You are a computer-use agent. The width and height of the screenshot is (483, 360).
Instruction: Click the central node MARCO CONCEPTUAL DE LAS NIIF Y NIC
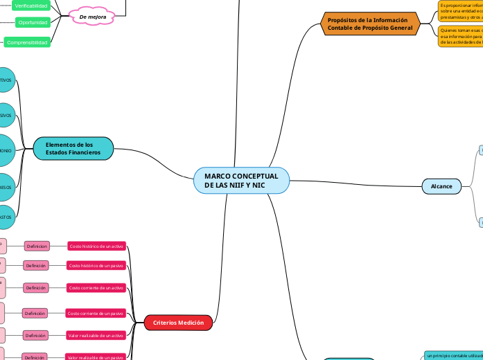pyautogui.click(x=241, y=181)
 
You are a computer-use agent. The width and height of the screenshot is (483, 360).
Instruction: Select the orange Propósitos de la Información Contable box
pyautogui.click(x=370, y=25)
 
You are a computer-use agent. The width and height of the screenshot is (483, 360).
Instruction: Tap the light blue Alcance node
pyautogui.click(x=441, y=186)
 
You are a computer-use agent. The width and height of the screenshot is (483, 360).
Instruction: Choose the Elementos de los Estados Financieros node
pyautogui.click(x=73, y=148)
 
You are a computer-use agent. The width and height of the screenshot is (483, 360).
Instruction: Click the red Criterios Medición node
pyautogui.click(x=178, y=323)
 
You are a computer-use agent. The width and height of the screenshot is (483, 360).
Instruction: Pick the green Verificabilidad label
pyautogui.click(x=31, y=6)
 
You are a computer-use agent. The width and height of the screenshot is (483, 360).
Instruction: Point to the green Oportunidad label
pyautogui.click(x=33, y=22)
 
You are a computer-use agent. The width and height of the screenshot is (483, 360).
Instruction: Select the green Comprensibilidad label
pyautogui.click(x=28, y=42)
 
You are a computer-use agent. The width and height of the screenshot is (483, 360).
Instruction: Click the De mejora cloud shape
pyautogui.click(x=92, y=16)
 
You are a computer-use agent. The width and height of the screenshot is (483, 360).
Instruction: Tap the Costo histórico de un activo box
pyautogui.click(x=96, y=246)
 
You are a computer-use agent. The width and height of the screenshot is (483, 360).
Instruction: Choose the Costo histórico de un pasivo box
pyautogui.click(x=96, y=266)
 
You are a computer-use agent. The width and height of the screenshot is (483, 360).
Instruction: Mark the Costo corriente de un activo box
pyautogui.click(x=96, y=287)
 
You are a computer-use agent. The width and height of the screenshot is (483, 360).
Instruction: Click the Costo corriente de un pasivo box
pyautogui.click(x=96, y=314)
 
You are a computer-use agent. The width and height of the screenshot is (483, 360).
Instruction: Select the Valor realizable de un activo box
pyautogui.click(x=96, y=335)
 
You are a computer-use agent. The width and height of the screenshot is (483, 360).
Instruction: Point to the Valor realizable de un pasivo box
pyautogui.click(x=96, y=357)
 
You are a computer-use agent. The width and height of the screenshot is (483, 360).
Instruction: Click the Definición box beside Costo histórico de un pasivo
pyautogui.click(x=35, y=266)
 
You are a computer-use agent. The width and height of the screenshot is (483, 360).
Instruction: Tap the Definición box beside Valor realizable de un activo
pyautogui.click(x=35, y=335)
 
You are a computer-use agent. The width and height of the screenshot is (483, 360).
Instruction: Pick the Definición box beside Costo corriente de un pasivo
pyautogui.click(x=35, y=314)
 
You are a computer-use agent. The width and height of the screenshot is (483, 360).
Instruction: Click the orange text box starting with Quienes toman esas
pyautogui.click(x=460, y=36)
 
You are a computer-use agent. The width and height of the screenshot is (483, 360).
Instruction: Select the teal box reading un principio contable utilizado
pyautogui.click(x=453, y=355)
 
